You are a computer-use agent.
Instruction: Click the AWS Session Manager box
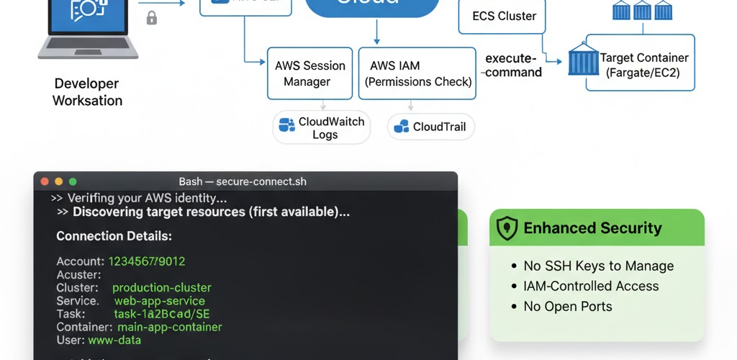pos(309,73)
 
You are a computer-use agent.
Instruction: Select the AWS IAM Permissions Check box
pos(417,73)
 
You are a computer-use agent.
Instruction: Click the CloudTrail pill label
pos(439,127)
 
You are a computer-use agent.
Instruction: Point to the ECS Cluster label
pos(504,16)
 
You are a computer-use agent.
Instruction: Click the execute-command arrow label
pos(513,65)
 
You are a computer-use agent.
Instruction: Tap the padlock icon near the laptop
pos(151,18)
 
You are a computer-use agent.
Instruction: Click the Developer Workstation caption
pos(87,91)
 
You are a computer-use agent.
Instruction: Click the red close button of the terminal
pos(45,181)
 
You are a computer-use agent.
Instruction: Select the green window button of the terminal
pos(72,181)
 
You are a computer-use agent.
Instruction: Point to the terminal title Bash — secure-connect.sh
pos(243,181)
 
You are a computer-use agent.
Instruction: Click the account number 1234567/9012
pos(147,261)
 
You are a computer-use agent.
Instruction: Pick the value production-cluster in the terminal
pos(162,287)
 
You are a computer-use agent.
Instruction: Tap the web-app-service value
pos(159,301)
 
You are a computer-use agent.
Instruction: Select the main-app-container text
pos(170,327)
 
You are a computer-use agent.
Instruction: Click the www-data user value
pos(114,340)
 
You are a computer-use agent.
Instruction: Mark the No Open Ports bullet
pos(568,306)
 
